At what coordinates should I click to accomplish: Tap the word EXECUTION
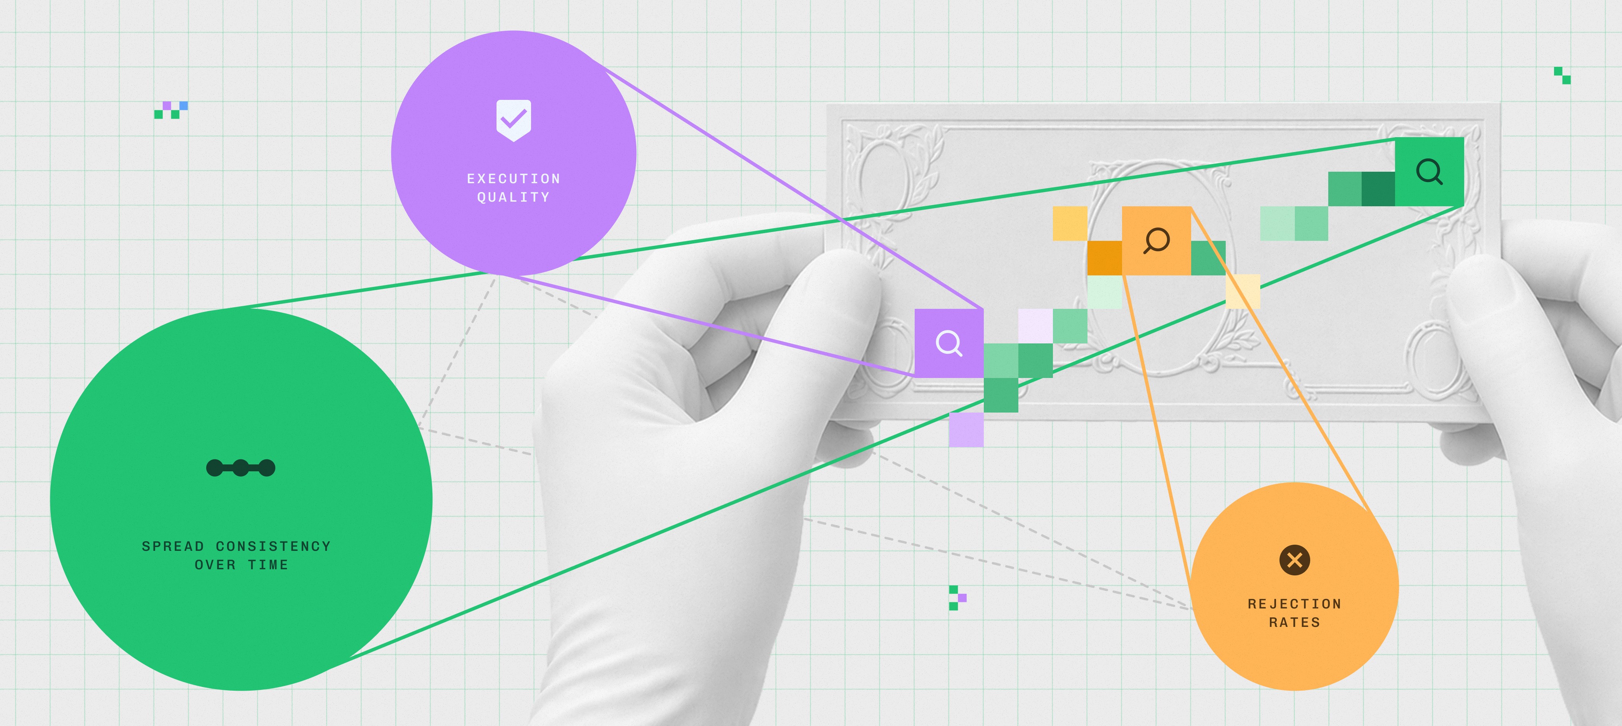tap(513, 179)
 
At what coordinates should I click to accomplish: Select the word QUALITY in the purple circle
tap(513, 197)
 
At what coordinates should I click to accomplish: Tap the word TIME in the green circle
tap(268, 565)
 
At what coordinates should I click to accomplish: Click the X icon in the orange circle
tap(1294, 560)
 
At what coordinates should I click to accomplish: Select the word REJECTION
tap(1294, 604)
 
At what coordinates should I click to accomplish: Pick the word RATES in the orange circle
tap(1294, 622)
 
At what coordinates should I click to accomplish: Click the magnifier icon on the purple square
tap(949, 343)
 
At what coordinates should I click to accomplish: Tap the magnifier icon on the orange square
tap(1156, 240)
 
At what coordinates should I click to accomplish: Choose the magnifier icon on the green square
tap(1429, 171)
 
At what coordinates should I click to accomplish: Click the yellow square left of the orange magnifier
tap(1070, 224)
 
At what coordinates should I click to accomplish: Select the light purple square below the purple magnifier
tap(966, 429)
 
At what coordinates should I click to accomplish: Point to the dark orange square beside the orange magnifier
tap(1104, 257)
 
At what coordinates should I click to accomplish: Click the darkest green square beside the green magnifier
tap(1378, 189)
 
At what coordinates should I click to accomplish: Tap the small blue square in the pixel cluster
tap(183, 106)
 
